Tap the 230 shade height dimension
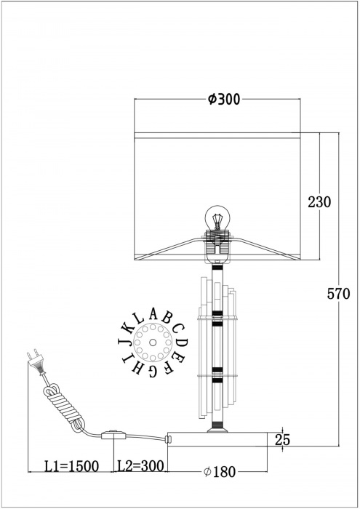click(x=319, y=202)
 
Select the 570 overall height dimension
click(x=339, y=294)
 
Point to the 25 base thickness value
click(x=284, y=438)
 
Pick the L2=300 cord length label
click(x=141, y=466)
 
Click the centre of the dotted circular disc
click(x=153, y=341)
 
